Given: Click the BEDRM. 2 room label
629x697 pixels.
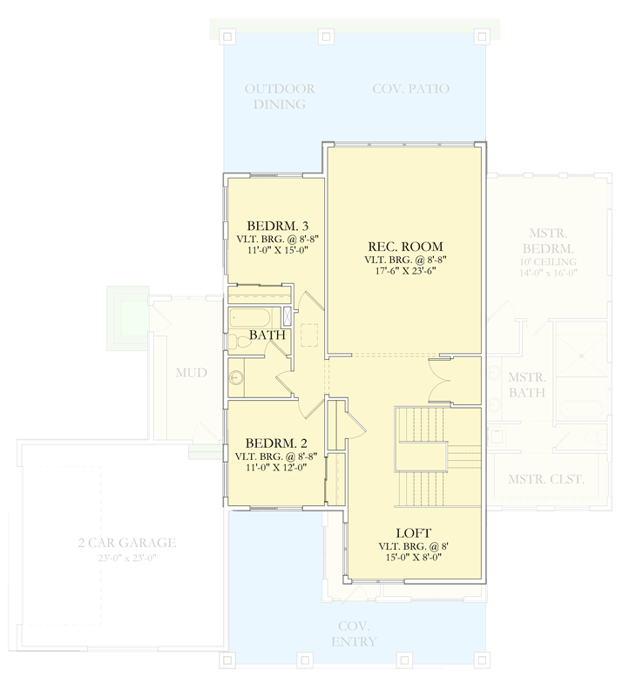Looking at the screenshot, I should coord(273,442).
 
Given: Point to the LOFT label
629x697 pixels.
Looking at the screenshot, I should coord(412,532).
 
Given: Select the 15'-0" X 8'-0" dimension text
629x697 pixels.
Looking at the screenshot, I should coord(412,558).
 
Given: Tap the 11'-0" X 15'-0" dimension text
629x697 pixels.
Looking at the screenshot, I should coord(273,249).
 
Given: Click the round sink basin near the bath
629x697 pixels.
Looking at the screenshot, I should coord(236,378).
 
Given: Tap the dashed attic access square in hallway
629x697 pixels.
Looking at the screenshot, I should coord(310,335).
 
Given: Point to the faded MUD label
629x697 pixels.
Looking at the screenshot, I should coord(190,373).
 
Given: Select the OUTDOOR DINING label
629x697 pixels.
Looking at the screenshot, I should coord(278,97).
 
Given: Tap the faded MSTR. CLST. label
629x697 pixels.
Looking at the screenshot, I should coord(546,480).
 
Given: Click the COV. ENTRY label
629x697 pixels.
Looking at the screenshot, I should coord(354,634).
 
